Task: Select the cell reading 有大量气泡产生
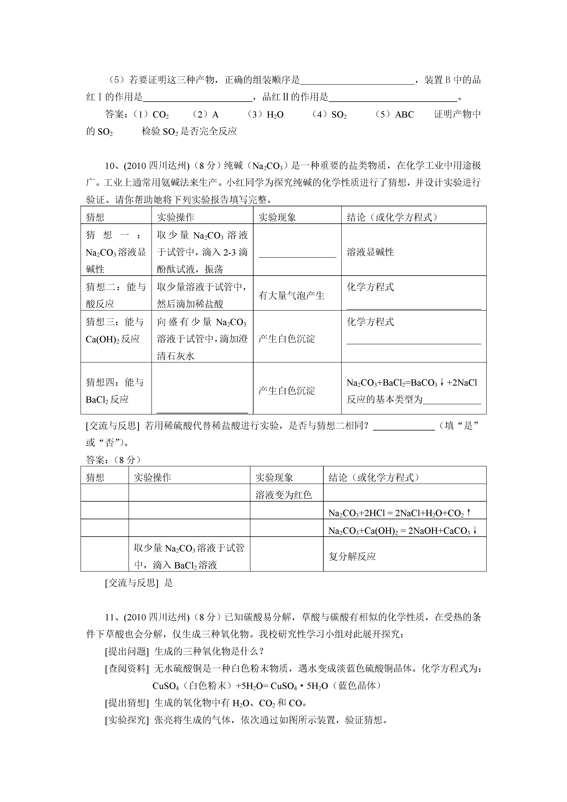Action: [291, 295]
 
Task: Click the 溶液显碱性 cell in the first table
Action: [370, 252]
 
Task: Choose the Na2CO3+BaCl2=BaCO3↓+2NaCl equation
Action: [412, 383]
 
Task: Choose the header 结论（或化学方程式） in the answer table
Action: [374, 478]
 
